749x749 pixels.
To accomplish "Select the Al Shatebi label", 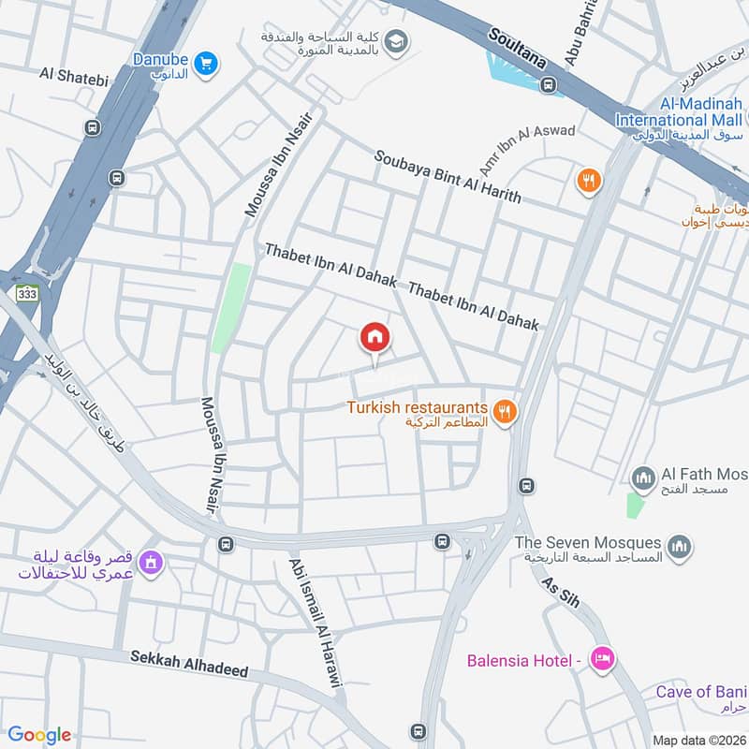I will (68, 73).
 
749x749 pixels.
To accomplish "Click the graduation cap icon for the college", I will (396, 41).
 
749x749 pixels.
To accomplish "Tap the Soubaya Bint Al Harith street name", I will (448, 177).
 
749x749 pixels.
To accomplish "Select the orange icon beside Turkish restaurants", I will (505, 410).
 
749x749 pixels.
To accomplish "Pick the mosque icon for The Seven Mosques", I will (680, 545).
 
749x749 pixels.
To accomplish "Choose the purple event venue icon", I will (149, 563).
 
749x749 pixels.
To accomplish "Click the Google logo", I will (39, 735).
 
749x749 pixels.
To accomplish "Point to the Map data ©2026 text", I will (698, 740).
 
